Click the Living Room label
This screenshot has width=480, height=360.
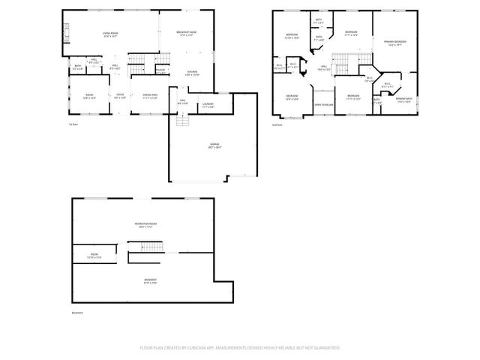111,33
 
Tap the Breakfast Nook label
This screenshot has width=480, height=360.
187,33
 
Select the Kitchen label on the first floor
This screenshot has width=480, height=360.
193,73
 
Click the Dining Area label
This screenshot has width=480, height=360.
150,95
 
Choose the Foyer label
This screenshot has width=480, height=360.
120,95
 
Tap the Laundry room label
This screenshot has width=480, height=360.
208,106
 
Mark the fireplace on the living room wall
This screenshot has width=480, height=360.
66,31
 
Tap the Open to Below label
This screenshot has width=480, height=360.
324,104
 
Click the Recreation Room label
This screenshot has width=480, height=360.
145,226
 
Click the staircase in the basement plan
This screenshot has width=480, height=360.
145,247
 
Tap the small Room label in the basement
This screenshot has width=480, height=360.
95,255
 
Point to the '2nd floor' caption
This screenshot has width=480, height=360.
276,124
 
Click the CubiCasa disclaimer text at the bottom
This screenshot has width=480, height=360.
240,348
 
